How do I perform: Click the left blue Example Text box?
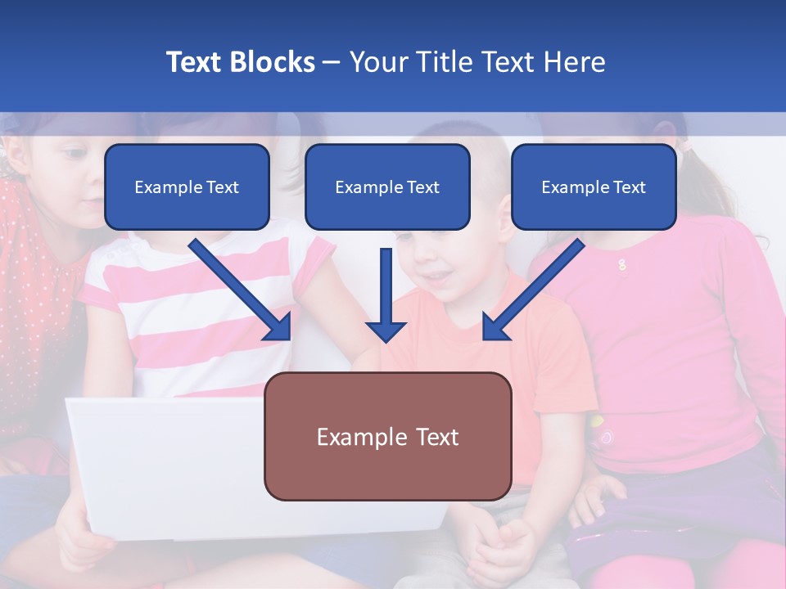tap(187, 187)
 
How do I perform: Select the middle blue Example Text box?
tap(387, 187)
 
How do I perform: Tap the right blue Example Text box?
tap(594, 187)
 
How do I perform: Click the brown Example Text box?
tap(387, 436)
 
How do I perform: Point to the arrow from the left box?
tap(241, 290)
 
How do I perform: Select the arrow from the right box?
tap(533, 290)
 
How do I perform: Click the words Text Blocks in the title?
tap(240, 62)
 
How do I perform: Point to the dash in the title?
tap(332, 62)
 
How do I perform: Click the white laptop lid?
tap(164, 466)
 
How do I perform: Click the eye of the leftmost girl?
tap(75, 153)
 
